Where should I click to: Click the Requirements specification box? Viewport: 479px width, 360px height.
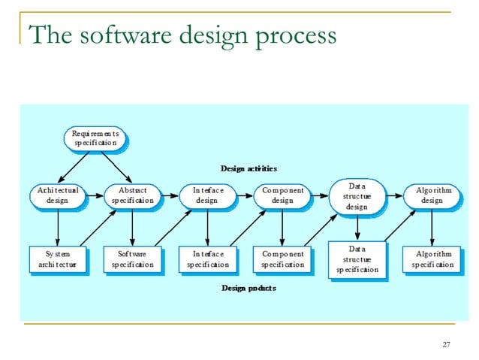(x=95, y=138)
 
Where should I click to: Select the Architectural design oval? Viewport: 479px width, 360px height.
(x=58, y=195)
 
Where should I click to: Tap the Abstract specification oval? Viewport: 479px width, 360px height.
(x=132, y=195)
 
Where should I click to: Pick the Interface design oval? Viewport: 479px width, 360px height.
(x=206, y=195)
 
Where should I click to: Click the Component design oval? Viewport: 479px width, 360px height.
(x=282, y=195)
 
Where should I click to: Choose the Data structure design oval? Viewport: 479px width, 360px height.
(x=357, y=195)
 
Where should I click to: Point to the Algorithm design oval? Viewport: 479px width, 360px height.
(x=432, y=195)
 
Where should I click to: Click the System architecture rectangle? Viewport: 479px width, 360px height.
(x=57, y=259)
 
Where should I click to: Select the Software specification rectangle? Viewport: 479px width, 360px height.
(x=132, y=259)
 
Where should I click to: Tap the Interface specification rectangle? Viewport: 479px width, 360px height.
(x=206, y=259)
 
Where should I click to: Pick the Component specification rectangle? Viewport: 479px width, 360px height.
(x=282, y=259)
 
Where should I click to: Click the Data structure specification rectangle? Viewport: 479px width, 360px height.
(x=357, y=259)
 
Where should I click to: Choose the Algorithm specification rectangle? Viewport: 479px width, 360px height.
(x=432, y=259)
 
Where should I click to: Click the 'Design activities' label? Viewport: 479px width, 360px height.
(x=248, y=168)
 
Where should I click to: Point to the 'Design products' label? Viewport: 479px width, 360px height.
(x=248, y=289)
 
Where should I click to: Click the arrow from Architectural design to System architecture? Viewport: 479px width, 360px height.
(x=58, y=226)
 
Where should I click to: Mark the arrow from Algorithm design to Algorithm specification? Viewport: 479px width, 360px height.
(x=432, y=226)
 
